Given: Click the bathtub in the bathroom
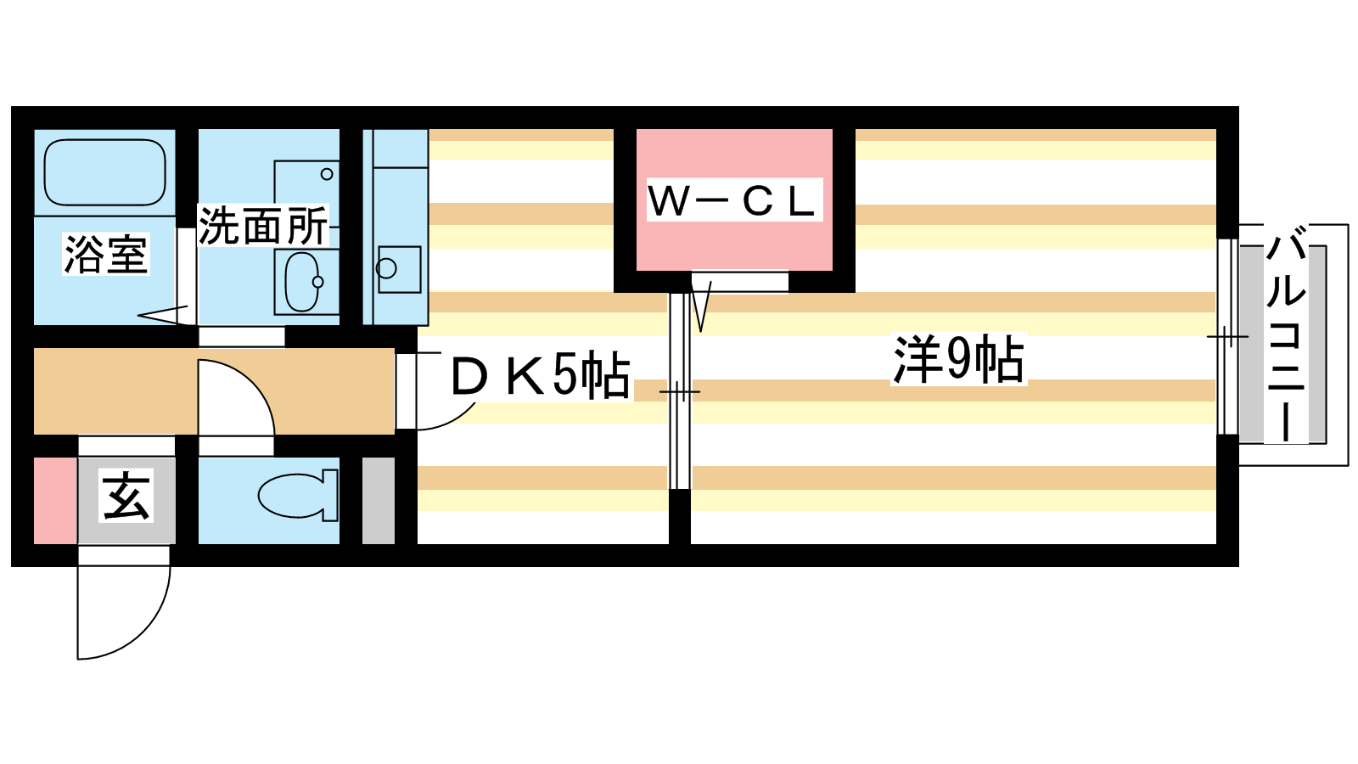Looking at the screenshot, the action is (x=105, y=173).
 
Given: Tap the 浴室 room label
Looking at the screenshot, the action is (x=106, y=255).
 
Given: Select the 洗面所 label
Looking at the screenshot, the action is (x=263, y=226).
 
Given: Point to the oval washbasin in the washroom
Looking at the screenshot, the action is (x=302, y=282).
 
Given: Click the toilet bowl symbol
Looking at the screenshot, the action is (x=298, y=496).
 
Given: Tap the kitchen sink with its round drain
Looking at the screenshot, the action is (x=399, y=269).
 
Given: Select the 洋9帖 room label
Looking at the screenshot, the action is (x=958, y=359).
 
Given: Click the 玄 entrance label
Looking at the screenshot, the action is (x=126, y=497).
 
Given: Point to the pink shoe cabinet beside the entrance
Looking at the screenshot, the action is (x=55, y=501).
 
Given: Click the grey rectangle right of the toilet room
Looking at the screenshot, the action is (x=379, y=501).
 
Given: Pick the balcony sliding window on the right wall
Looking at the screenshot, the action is (x=1227, y=336).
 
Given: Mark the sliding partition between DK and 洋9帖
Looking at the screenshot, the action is (x=680, y=391).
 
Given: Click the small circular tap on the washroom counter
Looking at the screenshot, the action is (x=327, y=175).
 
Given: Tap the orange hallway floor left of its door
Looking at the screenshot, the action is (x=115, y=391).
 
